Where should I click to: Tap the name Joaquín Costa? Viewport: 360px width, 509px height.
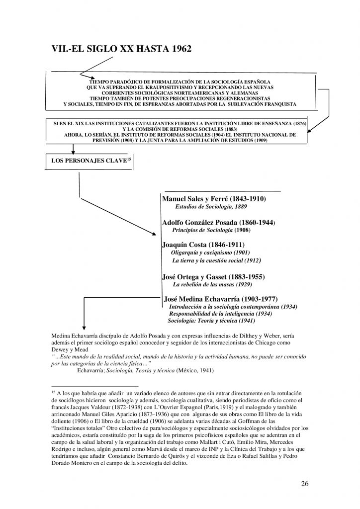pos(184,245)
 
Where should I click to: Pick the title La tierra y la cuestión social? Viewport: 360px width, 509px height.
pos(216,260)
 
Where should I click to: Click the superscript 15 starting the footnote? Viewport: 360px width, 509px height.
pos(54,392)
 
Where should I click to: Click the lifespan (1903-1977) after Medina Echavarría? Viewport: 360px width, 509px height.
pos(261,299)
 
